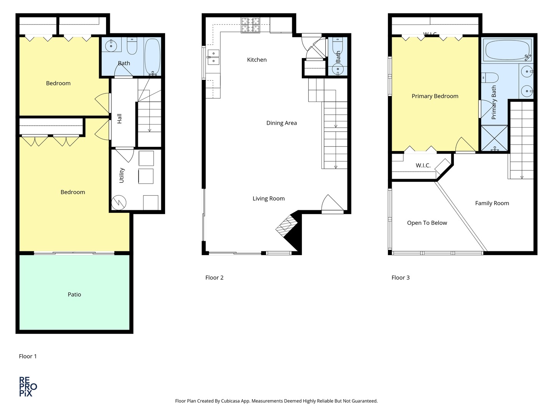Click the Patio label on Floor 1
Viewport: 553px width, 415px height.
[x=74, y=294]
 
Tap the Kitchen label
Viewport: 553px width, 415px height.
[x=257, y=60]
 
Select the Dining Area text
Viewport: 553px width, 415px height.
[x=281, y=123]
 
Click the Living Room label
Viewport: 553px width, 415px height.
[x=268, y=199]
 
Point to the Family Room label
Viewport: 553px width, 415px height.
[x=492, y=203]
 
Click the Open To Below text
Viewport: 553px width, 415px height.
[x=427, y=223]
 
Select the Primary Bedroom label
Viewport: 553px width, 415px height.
[x=435, y=96]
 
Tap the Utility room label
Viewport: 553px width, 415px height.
[x=122, y=175]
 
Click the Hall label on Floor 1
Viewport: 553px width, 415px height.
[x=119, y=118]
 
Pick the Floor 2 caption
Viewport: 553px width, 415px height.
[x=214, y=277]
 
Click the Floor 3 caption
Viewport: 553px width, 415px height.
[x=401, y=277]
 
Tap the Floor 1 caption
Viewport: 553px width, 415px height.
[x=28, y=356]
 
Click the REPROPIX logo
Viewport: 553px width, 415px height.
[x=28, y=387]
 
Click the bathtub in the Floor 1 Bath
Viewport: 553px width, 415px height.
[x=152, y=57]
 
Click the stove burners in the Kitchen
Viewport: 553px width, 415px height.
[x=250, y=25]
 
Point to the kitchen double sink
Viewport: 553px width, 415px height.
[x=213, y=56]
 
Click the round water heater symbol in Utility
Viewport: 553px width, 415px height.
[x=119, y=202]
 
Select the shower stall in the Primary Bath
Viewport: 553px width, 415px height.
[x=494, y=138]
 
